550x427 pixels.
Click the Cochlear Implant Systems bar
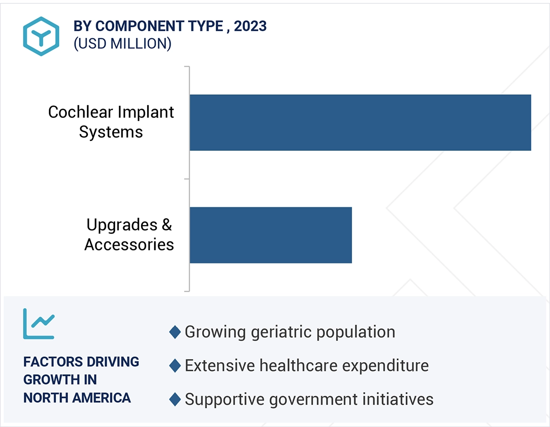point(360,123)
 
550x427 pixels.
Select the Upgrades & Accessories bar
point(271,235)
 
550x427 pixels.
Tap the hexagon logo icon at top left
point(41,37)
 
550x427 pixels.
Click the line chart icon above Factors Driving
point(39,324)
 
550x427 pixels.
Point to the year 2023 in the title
point(250,26)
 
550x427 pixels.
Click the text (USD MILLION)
point(122,44)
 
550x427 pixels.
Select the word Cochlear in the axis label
point(80,112)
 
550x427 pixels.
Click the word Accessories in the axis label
point(129,245)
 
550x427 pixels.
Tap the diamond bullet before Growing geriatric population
point(175,332)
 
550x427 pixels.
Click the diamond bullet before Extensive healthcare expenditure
point(175,365)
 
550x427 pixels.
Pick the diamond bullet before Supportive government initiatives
point(175,399)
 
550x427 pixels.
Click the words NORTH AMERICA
point(77,398)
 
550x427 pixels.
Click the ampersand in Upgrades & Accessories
point(167,225)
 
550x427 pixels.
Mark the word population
point(355,332)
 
